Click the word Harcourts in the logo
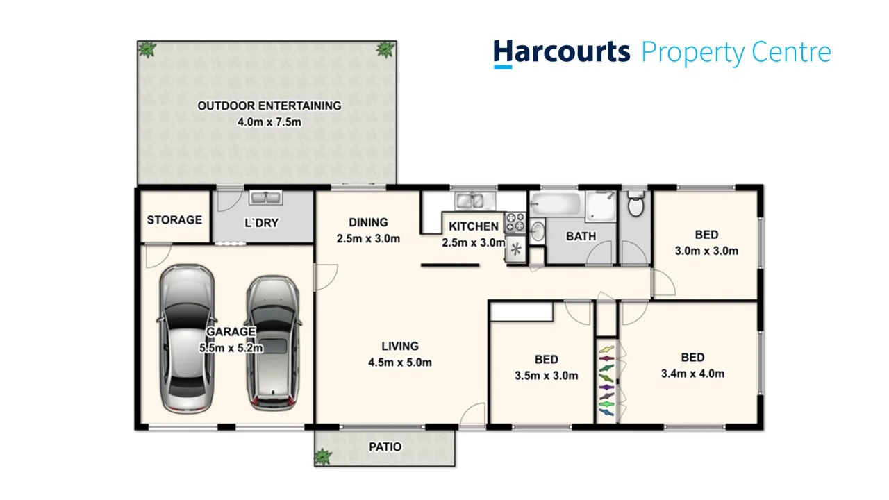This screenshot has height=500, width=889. pos(561,53)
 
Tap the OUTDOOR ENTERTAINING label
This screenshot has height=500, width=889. pos(269,106)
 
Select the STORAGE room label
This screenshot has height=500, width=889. pos(174,220)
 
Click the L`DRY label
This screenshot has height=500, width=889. pos(262,223)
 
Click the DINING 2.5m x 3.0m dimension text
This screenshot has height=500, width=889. pos(368,239)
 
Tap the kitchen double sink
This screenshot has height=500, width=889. pos(473,201)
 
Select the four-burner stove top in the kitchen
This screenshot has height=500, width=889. pos(515,222)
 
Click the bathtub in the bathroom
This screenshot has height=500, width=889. pos(555,205)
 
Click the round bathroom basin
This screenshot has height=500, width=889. pos(538,231)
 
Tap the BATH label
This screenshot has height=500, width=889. pos(581,236)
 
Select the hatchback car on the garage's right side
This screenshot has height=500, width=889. pos(272,342)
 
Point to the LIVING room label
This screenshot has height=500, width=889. pos(400,347)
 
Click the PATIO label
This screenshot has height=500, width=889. pos(385,447)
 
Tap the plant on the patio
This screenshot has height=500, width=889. pos(323,457)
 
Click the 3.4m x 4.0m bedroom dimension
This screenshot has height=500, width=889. pos(692,374)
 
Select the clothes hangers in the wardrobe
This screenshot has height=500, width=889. pos(606,380)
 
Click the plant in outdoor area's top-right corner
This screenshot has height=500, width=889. pos(384,49)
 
